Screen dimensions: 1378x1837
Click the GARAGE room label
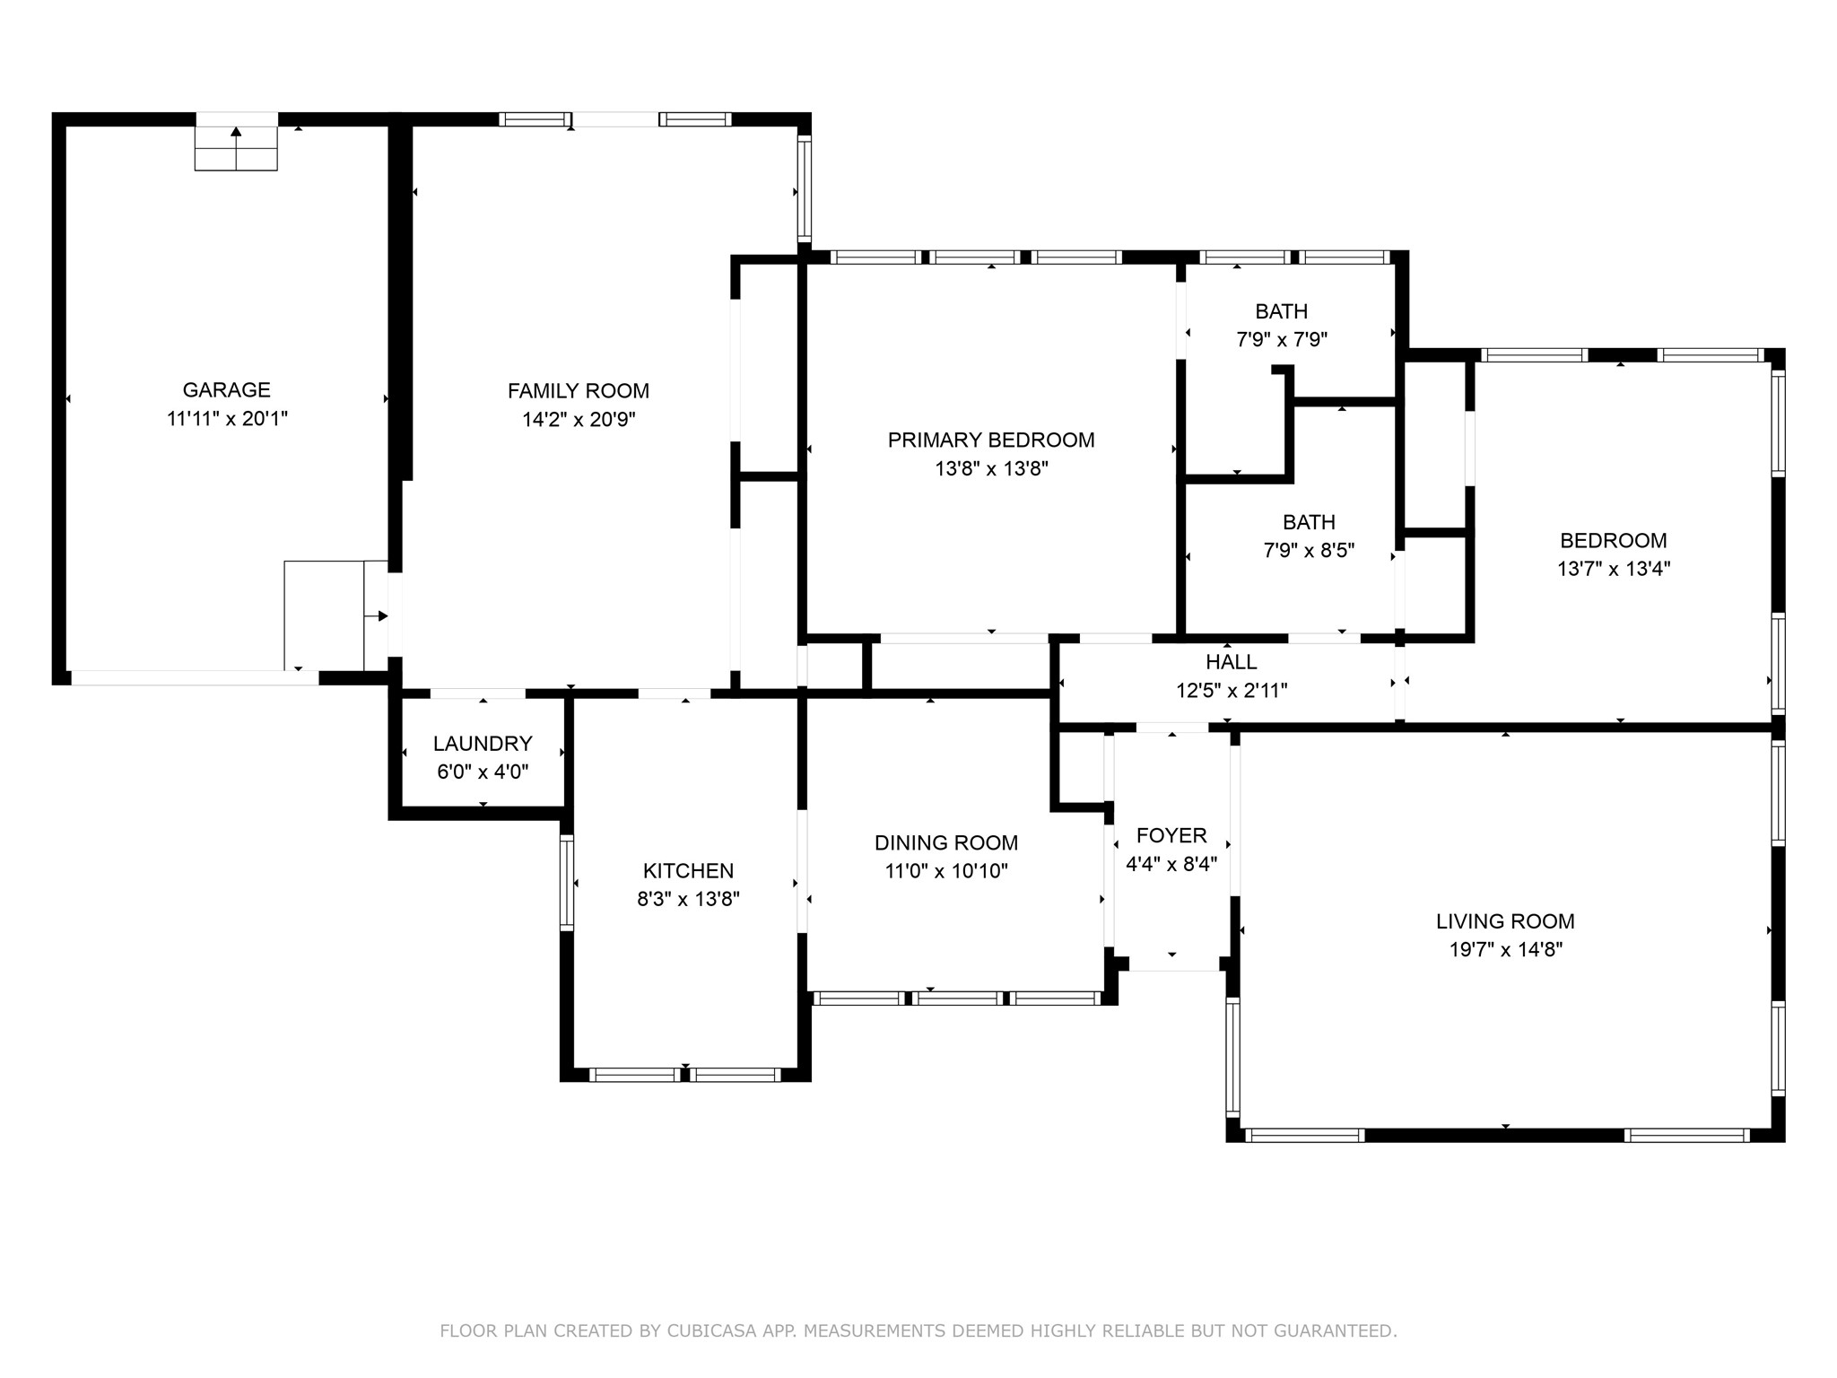(226, 390)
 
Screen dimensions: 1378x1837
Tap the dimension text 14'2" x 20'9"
(579, 419)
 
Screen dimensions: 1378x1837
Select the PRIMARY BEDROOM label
(991, 440)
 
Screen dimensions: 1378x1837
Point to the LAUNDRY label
(483, 744)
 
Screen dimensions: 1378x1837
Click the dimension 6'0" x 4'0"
(483, 772)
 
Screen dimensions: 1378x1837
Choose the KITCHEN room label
(688, 870)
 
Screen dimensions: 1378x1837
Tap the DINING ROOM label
(946, 842)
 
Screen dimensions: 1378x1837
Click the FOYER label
(1171, 836)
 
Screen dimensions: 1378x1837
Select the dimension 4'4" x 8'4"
(1171, 864)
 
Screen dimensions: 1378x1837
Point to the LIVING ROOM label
(1505, 921)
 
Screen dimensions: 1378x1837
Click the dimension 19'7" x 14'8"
(1505, 949)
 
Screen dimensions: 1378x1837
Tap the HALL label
(1231, 662)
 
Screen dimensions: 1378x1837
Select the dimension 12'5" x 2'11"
(1231, 691)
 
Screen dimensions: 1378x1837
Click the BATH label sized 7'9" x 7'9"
(1281, 311)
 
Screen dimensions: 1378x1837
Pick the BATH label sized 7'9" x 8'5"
(1309, 522)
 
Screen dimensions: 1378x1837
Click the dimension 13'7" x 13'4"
(1613, 569)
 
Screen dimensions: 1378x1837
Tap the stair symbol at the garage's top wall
(236, 147)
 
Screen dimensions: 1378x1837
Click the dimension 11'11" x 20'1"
(226, 419)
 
